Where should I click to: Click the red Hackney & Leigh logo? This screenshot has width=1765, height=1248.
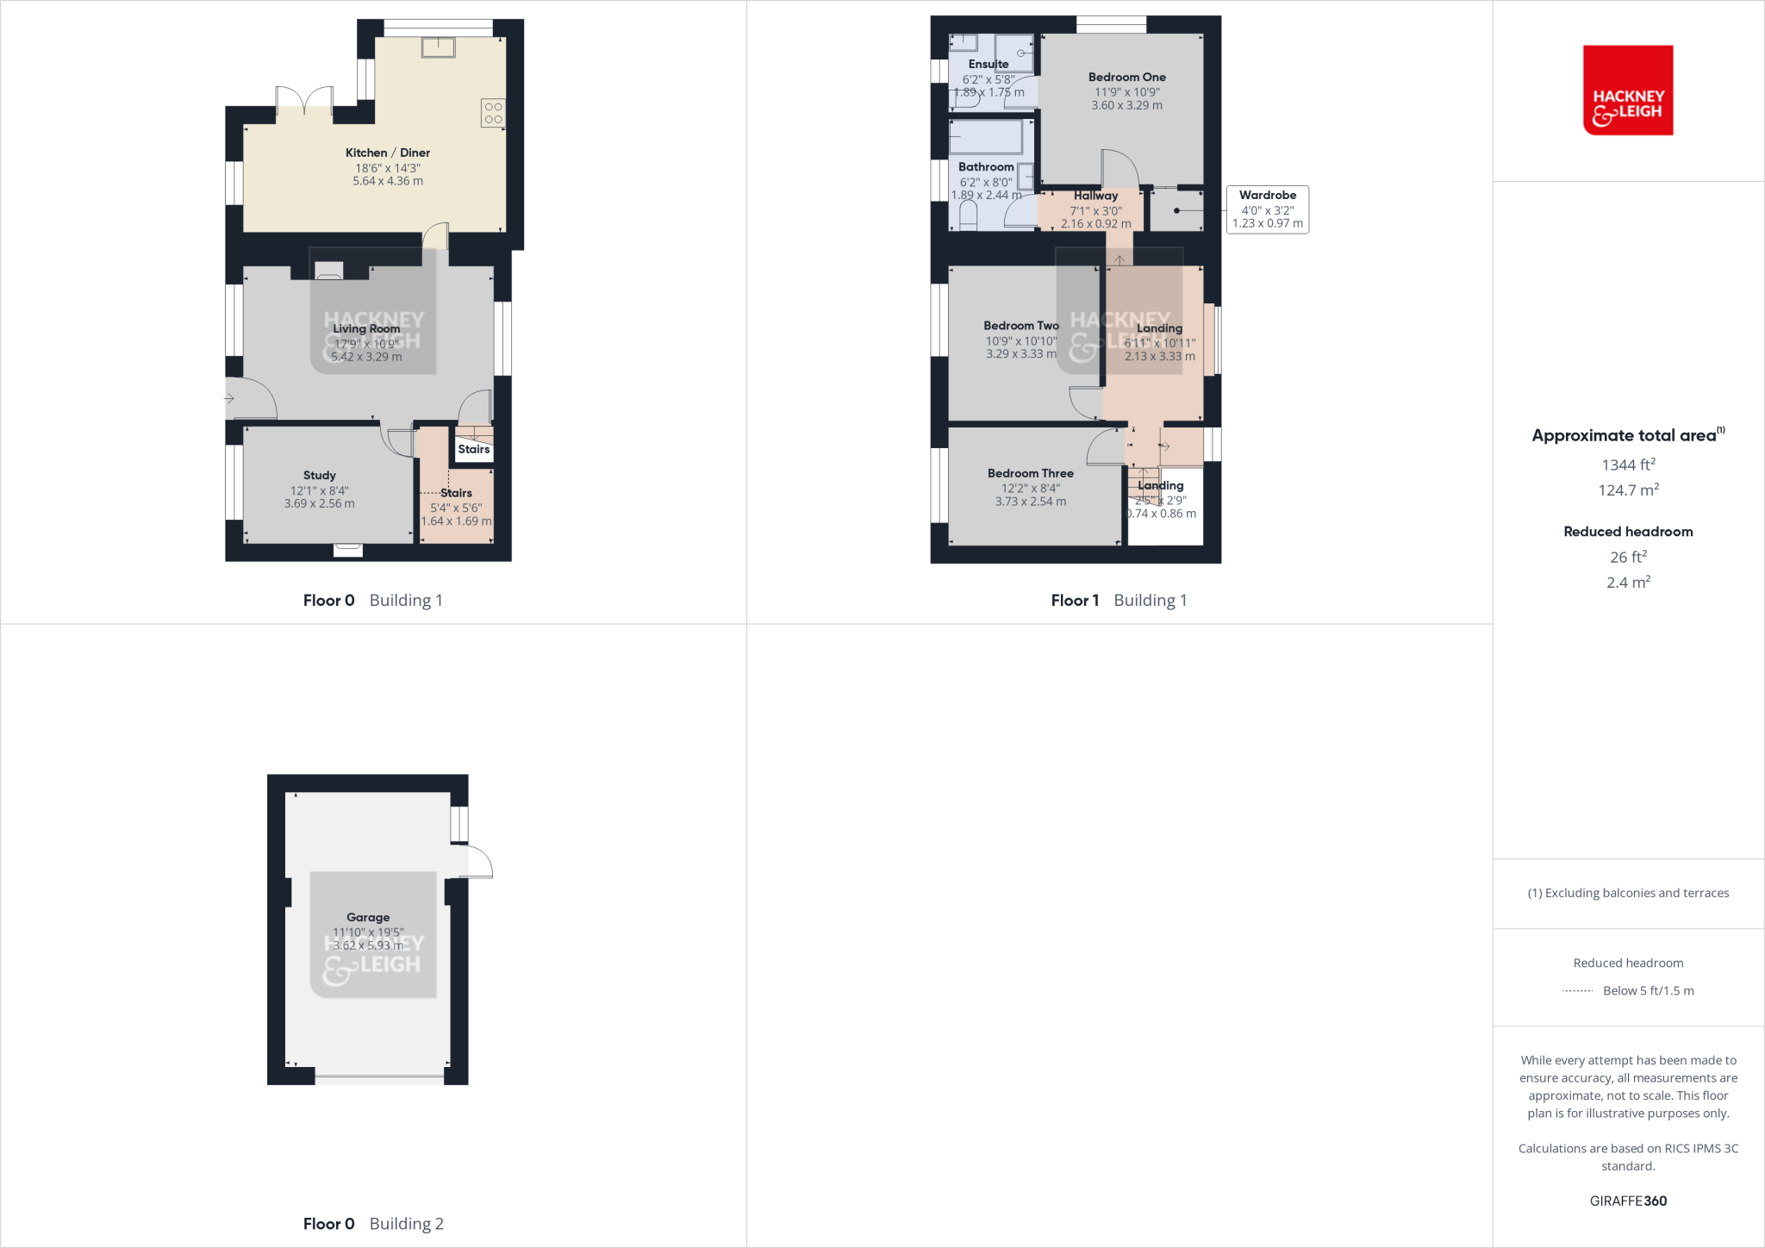[1627, 90]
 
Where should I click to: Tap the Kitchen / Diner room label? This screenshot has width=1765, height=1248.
[388, 153]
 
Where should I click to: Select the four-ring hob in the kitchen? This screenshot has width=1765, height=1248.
[493, 113]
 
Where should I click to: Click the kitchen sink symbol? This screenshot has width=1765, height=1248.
[438, 47]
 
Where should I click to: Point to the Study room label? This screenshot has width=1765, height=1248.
[319, 475]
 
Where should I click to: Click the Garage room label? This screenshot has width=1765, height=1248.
[368, 917]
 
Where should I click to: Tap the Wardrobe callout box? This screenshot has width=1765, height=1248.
[1267, 209]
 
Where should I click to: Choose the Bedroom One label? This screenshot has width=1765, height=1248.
[1126, 78]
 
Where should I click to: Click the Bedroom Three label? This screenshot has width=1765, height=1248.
[1030, 473]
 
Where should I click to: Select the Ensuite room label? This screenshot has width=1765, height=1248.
[988, 64]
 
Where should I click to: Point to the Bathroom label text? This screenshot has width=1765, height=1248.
[986, 167]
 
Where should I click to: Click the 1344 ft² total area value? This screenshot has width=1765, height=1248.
[1628, 465]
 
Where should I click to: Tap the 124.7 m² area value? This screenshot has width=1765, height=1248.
[1628, 490]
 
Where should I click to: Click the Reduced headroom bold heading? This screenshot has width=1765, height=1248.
[1628, 532]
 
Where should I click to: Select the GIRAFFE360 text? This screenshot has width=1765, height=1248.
[1628, 1201]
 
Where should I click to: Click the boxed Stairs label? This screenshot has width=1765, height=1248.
[473, 449]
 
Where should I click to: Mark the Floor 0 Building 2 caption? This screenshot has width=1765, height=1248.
[373, 1223]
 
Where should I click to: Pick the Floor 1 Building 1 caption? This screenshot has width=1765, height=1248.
[1119, 600]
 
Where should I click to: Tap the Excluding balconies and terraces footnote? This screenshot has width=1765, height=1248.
[1628, 893]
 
